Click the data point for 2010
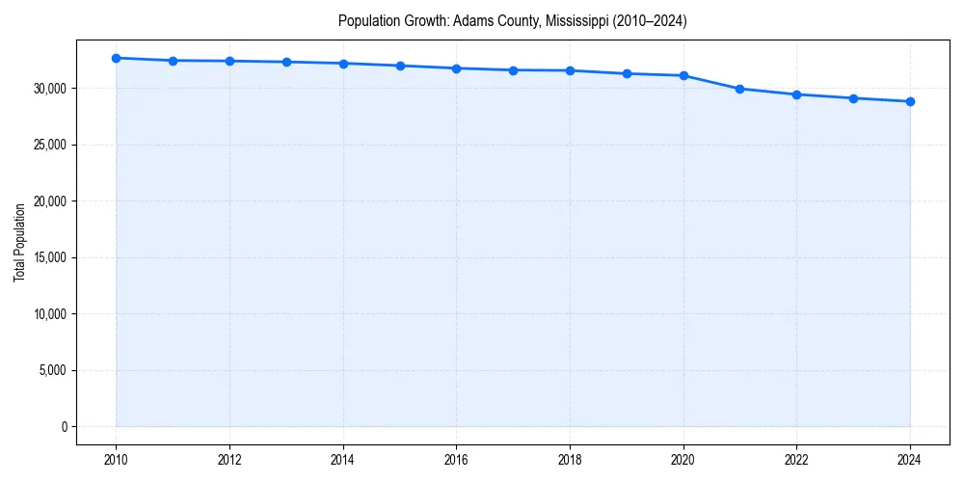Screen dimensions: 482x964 (x=116, y=58)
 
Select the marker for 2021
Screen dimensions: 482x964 (x=739, y=89)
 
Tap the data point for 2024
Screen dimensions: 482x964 (x=910, y=101)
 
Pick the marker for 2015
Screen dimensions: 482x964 (x=400, y=66)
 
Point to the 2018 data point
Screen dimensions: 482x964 (x=570, y=70)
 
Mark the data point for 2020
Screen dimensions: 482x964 (x=683, y=75)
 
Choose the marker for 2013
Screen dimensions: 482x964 (x=286, y=62)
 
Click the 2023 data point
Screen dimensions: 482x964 (x=853, y=98)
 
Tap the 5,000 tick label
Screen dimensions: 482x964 (x=52, y=370)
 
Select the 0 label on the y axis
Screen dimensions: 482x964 (x=65, y=427)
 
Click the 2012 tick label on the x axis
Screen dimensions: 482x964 (x=229, y=460)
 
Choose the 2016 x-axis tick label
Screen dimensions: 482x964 (x=457, y=460)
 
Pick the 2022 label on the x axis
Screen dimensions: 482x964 (x=796, y=460)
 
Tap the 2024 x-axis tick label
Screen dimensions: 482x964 (x=910, y=460)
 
